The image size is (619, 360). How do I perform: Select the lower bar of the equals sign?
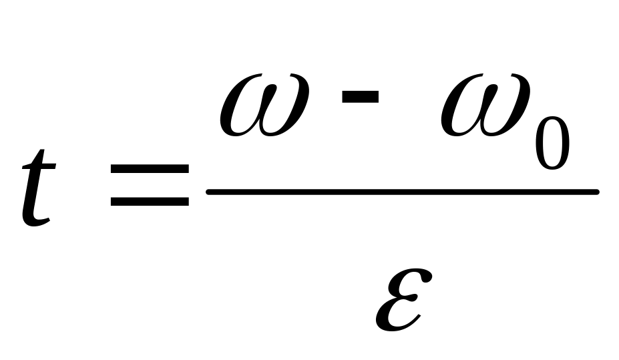[x=150, y=202]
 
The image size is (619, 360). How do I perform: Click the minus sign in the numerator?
[x=360, y=97]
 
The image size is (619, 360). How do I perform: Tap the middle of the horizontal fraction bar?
[x=402, y=192]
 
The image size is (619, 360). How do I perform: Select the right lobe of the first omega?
[x=287, y=110]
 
